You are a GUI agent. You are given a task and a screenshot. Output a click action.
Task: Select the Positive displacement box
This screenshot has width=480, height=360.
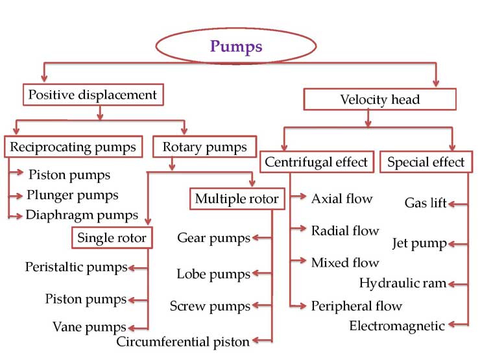point(92,95)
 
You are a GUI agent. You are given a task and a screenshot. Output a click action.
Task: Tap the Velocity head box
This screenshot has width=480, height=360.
point(379,99)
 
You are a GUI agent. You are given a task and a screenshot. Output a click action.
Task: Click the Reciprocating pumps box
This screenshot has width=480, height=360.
point(73,147)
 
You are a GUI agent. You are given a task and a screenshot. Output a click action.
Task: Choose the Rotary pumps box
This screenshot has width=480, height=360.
point(204,147)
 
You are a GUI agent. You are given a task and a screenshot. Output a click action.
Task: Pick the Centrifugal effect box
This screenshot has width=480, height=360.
point(317,162)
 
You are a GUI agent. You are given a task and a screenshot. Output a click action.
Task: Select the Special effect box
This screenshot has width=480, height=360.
point(426,162)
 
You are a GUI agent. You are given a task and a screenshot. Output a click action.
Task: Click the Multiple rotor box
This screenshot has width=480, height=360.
point(237,198)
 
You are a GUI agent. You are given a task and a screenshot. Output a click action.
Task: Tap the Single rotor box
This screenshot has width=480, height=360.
point(112,237)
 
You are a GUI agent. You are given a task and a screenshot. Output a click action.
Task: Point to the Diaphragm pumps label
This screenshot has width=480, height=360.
point(82,215)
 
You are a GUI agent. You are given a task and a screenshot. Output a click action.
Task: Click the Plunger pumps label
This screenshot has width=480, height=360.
point(73,195)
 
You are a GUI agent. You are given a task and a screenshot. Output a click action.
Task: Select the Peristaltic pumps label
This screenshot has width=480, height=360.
point(76,267)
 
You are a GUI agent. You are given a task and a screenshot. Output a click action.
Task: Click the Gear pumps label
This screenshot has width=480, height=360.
point(213,238)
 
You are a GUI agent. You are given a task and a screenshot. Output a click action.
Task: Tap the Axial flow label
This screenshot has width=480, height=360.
point(342,198)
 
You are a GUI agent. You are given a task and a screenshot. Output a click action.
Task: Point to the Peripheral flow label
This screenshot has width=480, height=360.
point(356,306)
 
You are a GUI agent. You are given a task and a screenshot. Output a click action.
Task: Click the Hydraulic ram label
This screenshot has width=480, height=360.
point(403,283)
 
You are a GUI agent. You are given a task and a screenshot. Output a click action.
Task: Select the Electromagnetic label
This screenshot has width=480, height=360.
point(397,326)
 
